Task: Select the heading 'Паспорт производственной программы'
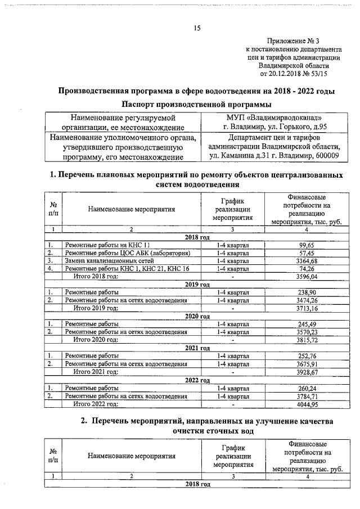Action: point(197,105)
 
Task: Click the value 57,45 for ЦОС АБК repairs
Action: point(306,253)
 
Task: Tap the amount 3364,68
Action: point(306,261)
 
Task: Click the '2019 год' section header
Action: point(197,285)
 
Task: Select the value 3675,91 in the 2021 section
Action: point(306,364)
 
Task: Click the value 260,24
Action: point(306,388)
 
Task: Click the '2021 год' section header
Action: point(197,348)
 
